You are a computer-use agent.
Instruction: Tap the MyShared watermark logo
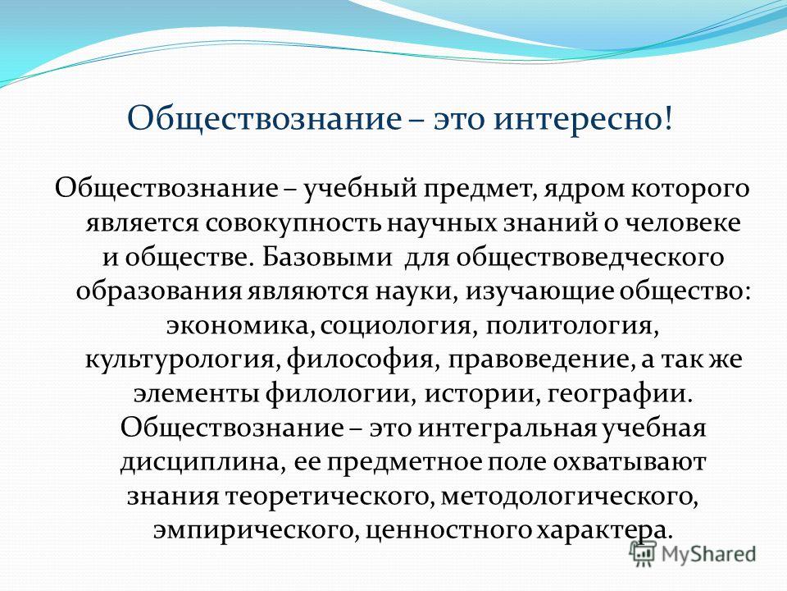click(x=694, y=553)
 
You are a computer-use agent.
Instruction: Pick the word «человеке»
click(x=681, y=222)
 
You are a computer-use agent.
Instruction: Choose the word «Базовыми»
click(x=327, y=256)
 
